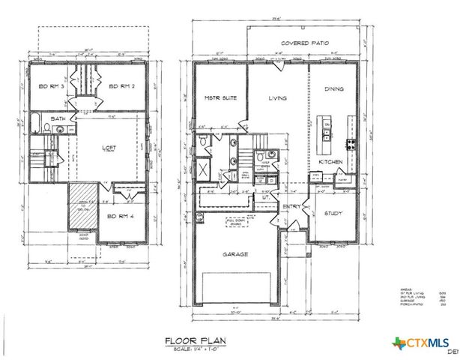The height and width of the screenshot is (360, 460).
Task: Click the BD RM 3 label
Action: (x=50, y=86)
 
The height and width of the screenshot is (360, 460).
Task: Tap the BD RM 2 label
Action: (x=121, y=86)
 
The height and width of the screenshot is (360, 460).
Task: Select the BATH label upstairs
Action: (x=58, y=118)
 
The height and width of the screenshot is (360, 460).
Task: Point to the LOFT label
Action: (x=109, y=148)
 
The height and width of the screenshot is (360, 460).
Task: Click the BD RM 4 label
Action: (x=121, y=217)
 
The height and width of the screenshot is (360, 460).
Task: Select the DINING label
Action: (x=334, y=89)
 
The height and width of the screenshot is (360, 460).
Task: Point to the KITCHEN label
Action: (x=331, y=161)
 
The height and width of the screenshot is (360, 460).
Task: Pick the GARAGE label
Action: (x=234, y=253)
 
